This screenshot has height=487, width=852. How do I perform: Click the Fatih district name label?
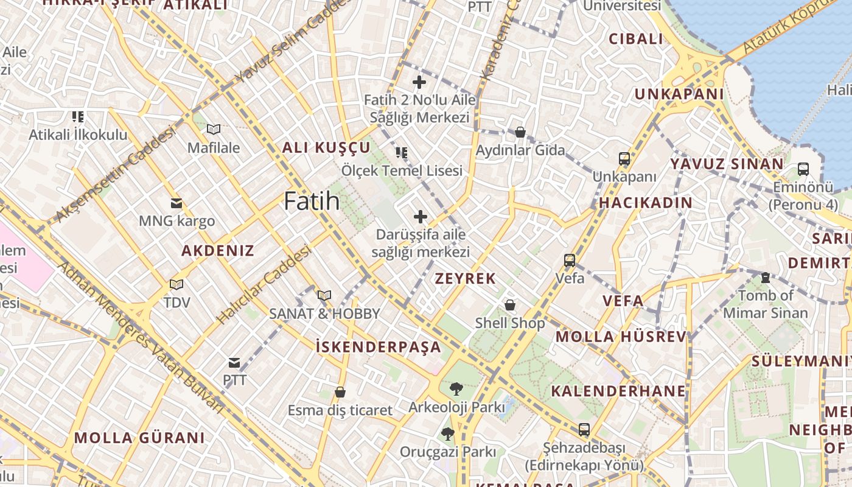[x=312, y=201]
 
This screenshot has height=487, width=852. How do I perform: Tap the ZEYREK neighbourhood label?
[x=466, y=279]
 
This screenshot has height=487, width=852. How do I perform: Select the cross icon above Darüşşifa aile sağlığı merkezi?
[x=420, y=217]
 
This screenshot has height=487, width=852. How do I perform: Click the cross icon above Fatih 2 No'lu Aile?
[x=419, y=82]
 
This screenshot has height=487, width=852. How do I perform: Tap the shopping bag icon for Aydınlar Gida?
[x=520, y=132]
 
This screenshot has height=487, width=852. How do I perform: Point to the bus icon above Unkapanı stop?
[x=624, y=159]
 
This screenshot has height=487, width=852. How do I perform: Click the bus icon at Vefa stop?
[x=570, y=261]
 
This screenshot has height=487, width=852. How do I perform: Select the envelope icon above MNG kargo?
[x=176, y=203]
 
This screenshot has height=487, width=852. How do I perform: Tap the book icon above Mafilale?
[x=213, y=130]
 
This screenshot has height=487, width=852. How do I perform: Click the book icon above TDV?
[x=176, y=284]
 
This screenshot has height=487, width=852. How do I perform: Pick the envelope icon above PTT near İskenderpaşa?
[x=234, y=363]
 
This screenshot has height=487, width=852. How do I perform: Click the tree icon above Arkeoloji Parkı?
[x=456, y=389]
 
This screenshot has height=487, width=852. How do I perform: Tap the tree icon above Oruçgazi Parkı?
[x=448, y=434]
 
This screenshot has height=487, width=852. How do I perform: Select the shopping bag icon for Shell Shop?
[x=510, y=305]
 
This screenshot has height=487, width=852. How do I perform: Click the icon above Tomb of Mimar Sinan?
[x=766, y=278]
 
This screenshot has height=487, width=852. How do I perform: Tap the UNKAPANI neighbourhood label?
[x=679, y=94]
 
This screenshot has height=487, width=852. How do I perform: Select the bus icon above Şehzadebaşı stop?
[x=584, y=430]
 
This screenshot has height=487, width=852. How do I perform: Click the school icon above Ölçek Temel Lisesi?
[x=402, y=153]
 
